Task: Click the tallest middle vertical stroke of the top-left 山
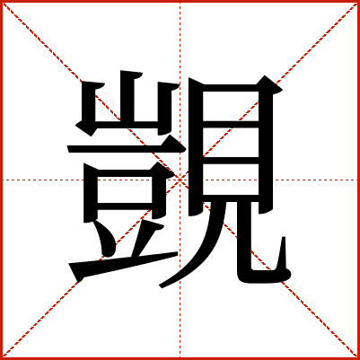click(127, 97)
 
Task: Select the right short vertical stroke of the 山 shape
click(164, 108)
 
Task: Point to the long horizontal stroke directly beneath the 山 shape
click(126, 148)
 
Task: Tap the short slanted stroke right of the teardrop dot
click(145, 239)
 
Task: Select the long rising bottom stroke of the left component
click(123, 264)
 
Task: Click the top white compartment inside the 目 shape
click(231, 106)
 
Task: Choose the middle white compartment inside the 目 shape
click(231, 143)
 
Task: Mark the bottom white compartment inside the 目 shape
click(231, 180)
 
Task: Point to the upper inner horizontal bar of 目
click(231, 125)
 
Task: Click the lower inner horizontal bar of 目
click(231, 161)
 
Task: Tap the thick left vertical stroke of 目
click(196, 146)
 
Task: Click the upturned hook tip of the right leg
click(284, 240)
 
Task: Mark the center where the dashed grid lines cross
click(180, 180)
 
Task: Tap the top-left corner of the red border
click(1, 1)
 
